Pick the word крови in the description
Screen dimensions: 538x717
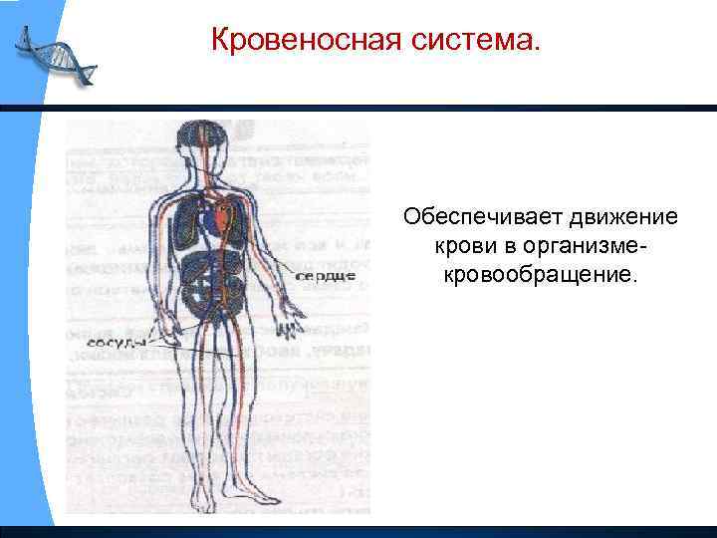pyautogui.click(x=459, y=245)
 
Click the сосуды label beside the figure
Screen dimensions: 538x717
pyautogui.click(x=118, y=339)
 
